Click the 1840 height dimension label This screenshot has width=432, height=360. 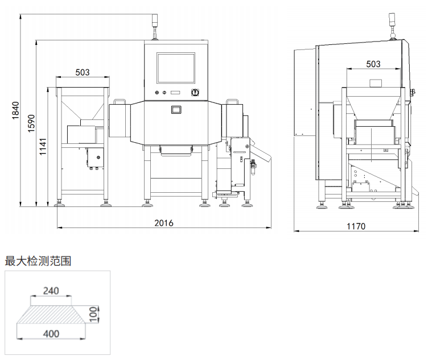(x=15, y=111)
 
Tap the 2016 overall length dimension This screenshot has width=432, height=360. (x=164, y=223)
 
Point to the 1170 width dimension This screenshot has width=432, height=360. (x=356, y=226)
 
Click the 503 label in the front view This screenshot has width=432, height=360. (x=83, y=72)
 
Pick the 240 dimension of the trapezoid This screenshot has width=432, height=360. (x=51, y=291)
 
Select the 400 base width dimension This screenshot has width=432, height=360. (x=51, y=334)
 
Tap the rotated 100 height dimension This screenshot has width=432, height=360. (x=94, y=313)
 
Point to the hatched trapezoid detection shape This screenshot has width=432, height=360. (x=51, y=312)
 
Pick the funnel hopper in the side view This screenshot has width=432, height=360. (x=373, y=105)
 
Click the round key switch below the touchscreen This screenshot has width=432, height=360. (x=195, y=93)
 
